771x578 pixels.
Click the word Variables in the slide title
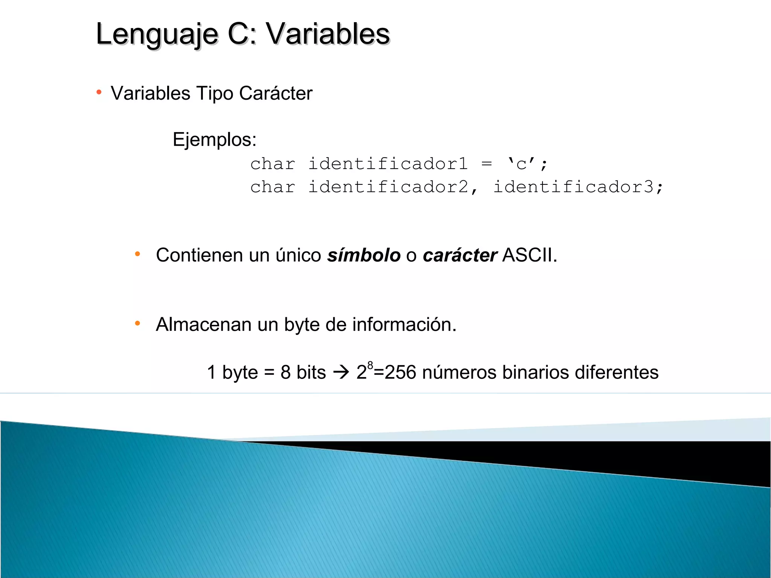coord(328,34)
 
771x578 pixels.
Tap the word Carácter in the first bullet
coord(276,93)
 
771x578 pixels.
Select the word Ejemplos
coord(214,140)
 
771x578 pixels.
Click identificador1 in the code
coord(388,164)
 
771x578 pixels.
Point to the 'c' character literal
coord(521,164)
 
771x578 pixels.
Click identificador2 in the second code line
coord(388,187)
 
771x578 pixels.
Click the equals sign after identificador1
coord(487,164)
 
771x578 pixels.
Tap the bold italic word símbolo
coord(364,255)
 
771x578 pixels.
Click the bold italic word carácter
coord(460,255)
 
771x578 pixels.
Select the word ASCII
coord(529,255)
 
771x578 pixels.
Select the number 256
coord(401,373)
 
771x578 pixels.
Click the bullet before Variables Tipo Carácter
coord(99,92)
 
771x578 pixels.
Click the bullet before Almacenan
coord(137,323)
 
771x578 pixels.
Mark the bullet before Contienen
coord(137,254)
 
